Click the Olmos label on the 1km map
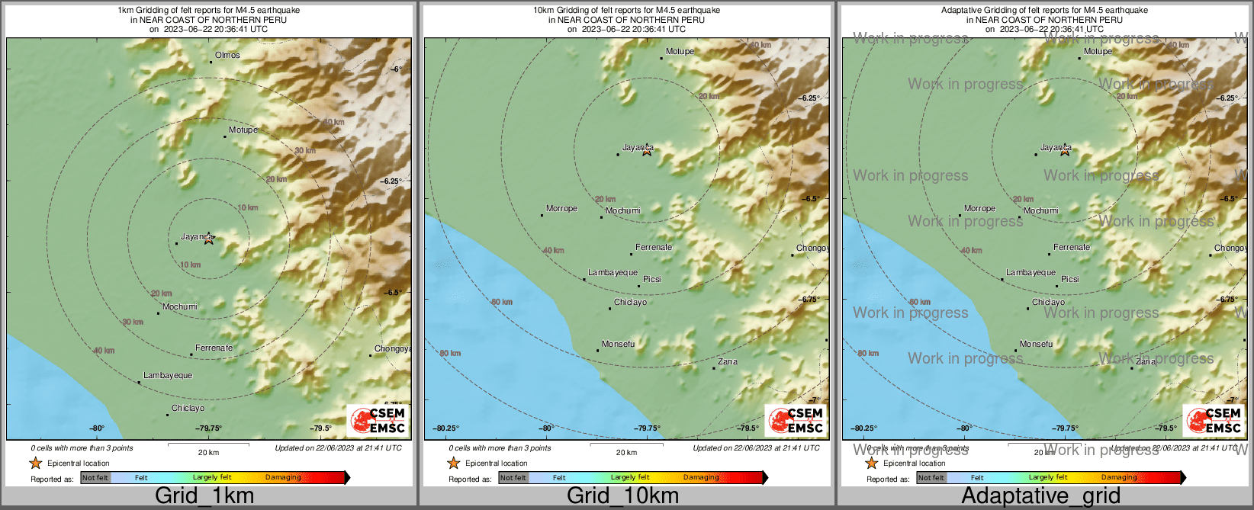click(227, 55)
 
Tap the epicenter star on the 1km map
click(209, 239)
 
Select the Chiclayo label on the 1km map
click(188, 408)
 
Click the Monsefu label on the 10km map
click(618, 344)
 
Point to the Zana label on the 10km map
click(728, 361)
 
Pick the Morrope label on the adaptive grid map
click(979, 208)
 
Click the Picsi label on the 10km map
click(652, 279)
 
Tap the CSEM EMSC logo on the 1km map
click(378, 420)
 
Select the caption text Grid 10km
click(622, 496)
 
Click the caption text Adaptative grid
click(1040, 496)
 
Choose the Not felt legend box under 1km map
click(95, 478)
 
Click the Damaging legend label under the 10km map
click(701, 477)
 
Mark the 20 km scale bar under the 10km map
click(626, 444)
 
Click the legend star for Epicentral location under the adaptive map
click(871, 463)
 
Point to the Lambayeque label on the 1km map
click(168, 375)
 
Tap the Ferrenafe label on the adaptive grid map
click(1072, 247)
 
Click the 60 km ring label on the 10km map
click(502, 302)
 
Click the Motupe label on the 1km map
click(243, 130)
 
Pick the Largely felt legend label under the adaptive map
click(1047, 477)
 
